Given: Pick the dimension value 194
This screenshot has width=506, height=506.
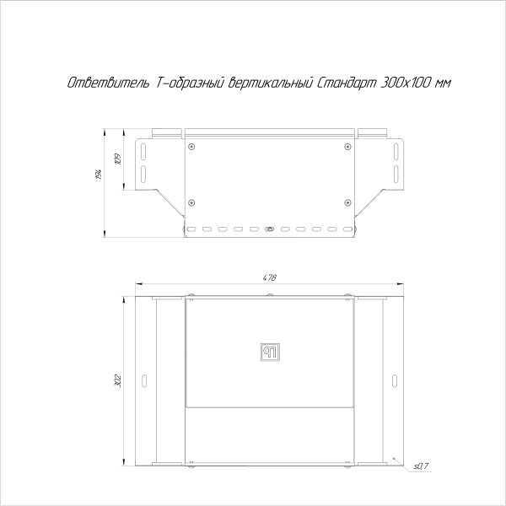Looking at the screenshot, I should point(99,175).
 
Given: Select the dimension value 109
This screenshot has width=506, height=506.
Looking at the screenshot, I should point(118,159).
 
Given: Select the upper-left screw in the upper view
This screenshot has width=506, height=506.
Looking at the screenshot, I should point(192,147).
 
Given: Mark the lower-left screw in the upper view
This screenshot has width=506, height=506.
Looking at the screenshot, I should point(192,202).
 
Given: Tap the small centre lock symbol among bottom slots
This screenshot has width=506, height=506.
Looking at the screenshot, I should point(270,229).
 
